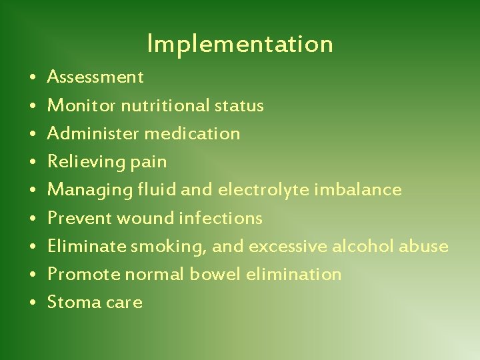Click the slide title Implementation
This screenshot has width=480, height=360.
coord(240,44)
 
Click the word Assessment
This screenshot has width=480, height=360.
coord(95,77)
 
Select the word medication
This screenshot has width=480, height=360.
coord(192,133)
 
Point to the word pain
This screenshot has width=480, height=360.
coord(151,162)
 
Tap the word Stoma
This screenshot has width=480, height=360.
coord(74,303)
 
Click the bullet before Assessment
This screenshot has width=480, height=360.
coord(33,78)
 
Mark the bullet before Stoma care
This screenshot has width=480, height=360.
coord(33,303)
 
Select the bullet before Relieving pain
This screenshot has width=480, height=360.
coord(33,163)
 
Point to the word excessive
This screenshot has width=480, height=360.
coord(288,246)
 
